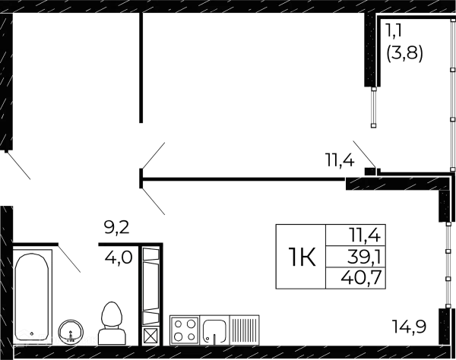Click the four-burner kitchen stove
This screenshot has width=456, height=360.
(185, 331)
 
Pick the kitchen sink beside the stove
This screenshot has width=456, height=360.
(215, 331)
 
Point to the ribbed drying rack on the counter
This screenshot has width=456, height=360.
(245, 331)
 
